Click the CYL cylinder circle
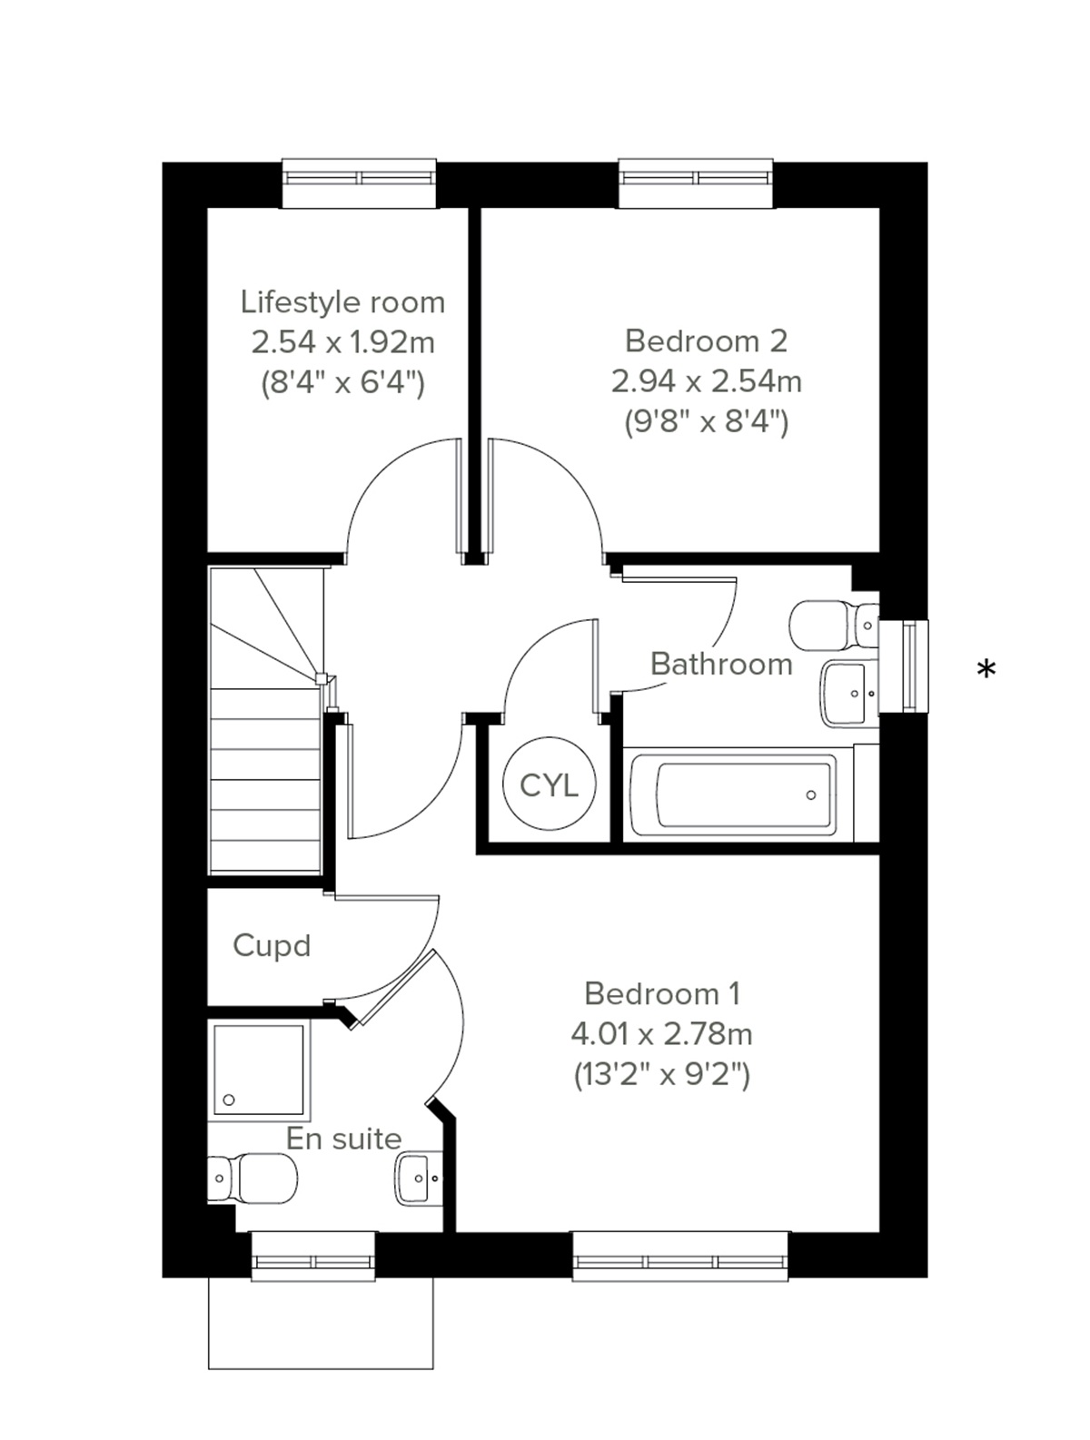[x=549, y=784]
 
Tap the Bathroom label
[x=721, y=664]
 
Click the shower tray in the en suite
[x=260, y=1070]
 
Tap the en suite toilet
[x=254, y=1179]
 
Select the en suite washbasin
[x=419, y=1178]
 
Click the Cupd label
[x=272, y=945]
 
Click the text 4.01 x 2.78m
[x=661, y=1033]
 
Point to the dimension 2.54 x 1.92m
[x=343, y=342]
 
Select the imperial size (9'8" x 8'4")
[x=706, y=421]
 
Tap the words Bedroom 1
[x=662, y=993]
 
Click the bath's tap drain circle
[x=811, y=795]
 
